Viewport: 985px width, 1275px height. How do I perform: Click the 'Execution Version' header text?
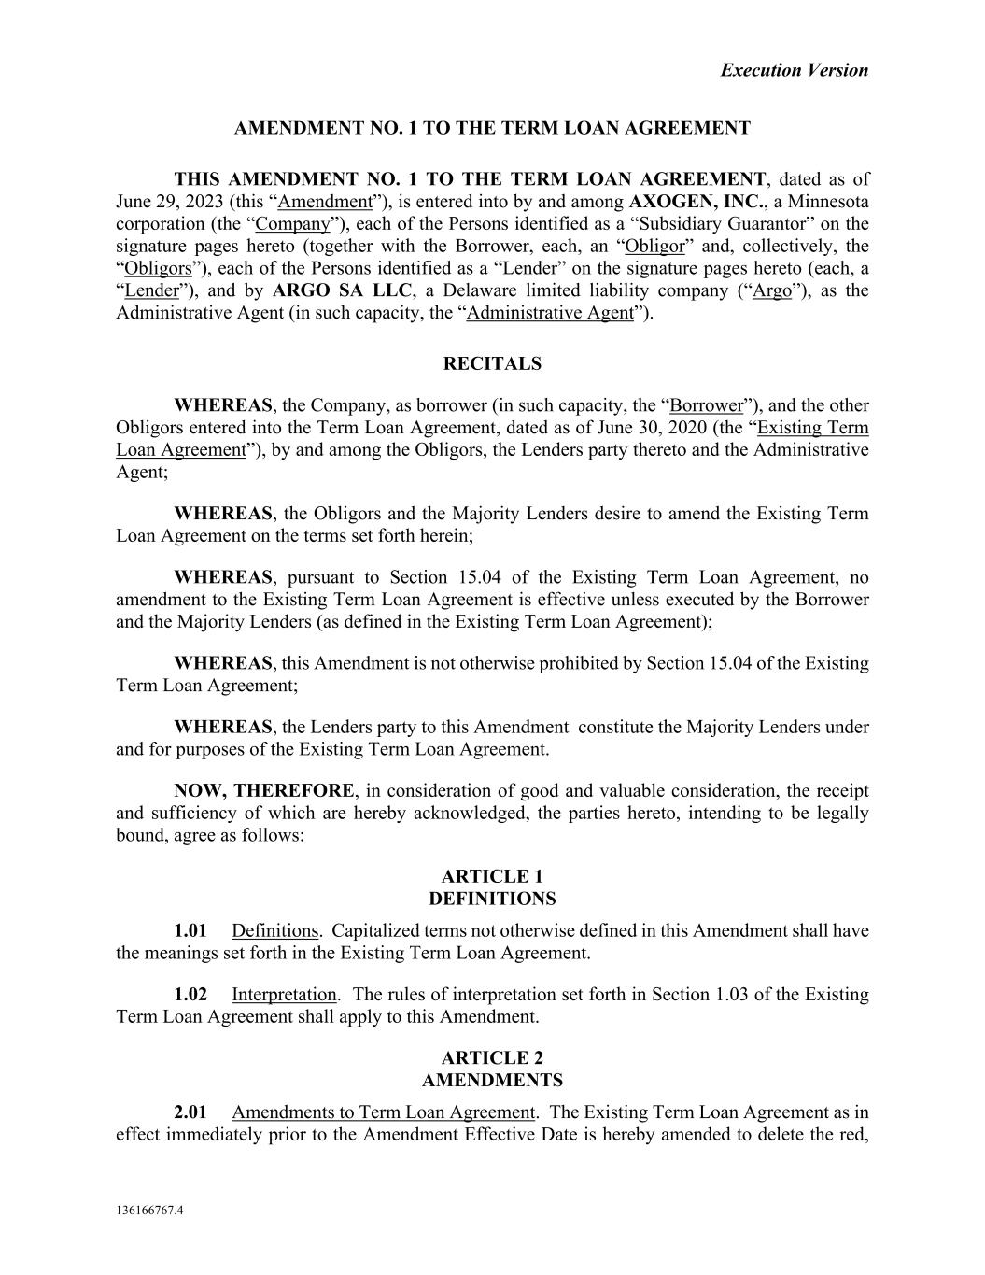tap(794, 70)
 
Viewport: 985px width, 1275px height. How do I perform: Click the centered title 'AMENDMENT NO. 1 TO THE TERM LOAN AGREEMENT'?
tap(492, 128)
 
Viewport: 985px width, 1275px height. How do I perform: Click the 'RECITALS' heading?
tap(492, 364)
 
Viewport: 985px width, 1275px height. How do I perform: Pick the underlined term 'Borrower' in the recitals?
tap(707, 405)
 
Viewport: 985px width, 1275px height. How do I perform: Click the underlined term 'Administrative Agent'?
tap(550, 313)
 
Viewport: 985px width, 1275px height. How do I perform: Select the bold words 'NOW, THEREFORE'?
tap(264, 790)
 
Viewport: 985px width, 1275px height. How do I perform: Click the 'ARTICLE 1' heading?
tap(492, 876)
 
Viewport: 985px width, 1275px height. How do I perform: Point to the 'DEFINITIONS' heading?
tap(492, 899)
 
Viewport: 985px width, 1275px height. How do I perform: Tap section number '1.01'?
tap(190, 930)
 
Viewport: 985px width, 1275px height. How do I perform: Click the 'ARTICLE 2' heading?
tap(492, 1057)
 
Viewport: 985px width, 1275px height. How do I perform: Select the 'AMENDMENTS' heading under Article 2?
tap(492, 1080)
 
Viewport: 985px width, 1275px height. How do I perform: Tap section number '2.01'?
tap(190, 1112)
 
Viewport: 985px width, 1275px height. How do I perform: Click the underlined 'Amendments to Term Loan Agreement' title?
tap(383, 1112)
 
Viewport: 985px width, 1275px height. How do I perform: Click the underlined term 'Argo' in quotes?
tap(772, 290)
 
